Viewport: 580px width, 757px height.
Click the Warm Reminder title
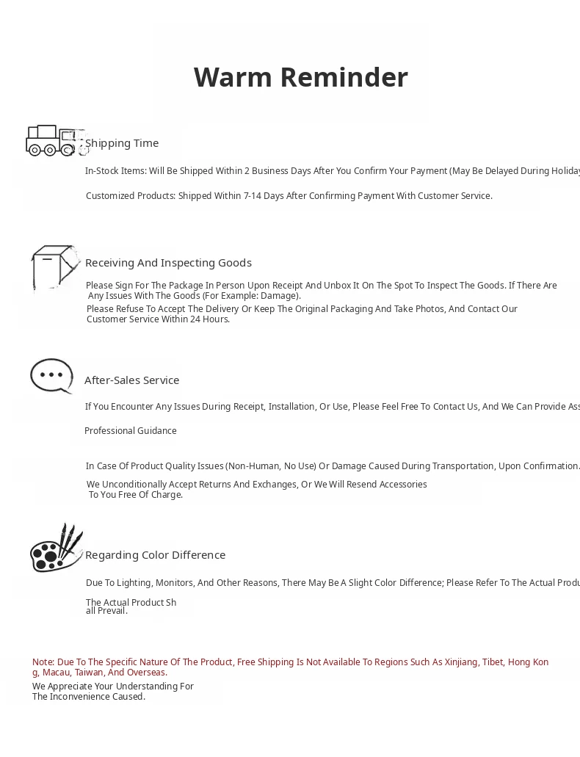click(300, 77)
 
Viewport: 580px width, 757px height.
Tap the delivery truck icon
click(55, 140)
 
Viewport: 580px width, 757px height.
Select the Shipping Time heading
click(122, 143)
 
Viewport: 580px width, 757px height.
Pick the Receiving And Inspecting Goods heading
click(168, 263)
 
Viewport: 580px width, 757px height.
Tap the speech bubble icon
click(51, 376)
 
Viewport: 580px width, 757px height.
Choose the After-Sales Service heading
click(132, 380)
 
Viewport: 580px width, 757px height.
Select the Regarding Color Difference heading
click(155, 555)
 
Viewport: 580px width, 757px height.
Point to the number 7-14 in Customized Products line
click(253, 196)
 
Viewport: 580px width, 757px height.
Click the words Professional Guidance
click(131, 431)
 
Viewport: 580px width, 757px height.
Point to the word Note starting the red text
click(43, 662)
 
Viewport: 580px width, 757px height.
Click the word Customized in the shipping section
click(109, 196)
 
